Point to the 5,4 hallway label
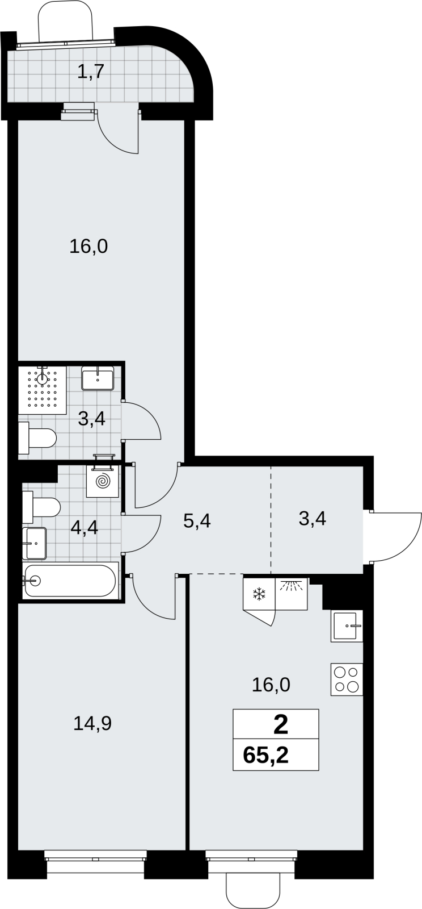click(x=197, y=521)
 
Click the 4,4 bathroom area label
click(x=85, y=528)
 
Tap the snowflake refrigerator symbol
click(x=259, y=594)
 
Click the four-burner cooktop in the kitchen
click(x=347, y=679)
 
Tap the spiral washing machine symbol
click(x=103, y=482)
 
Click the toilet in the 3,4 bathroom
click(x=37, y=438)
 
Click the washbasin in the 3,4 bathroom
click(x=98, y=378)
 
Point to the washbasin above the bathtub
click(x=35, y=543)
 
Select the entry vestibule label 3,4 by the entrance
click(x=313, y=519)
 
